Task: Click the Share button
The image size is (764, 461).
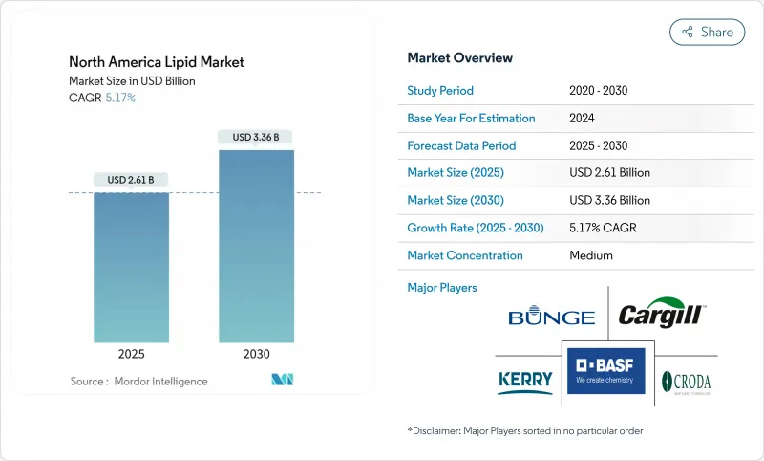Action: point(707,32)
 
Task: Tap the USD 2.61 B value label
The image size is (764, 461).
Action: point(131,179)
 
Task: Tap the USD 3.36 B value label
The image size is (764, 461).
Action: point(256,137)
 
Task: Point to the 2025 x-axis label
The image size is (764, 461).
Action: point(132,353)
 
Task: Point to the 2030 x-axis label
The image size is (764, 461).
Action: point(256,353)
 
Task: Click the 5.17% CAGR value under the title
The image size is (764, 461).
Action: point(119,98)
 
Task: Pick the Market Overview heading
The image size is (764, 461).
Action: point(460,58)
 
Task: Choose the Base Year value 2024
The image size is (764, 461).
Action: point(584,119)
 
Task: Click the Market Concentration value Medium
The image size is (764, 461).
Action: point(590,255)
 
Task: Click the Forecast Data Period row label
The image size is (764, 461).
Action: point(461,145)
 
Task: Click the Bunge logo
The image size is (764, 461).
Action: point(551,318)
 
